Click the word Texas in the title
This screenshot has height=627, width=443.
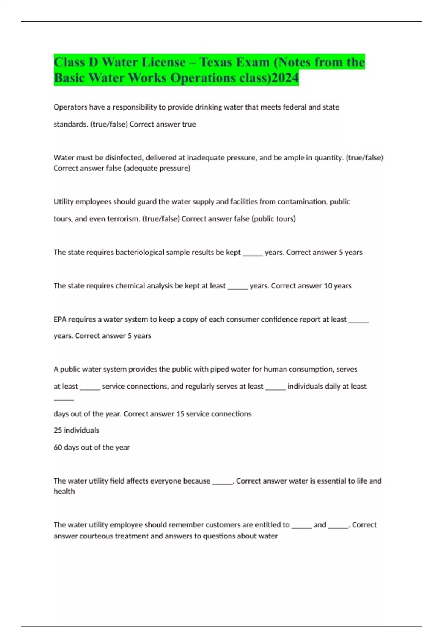pyautogui.click(x=216, y=62)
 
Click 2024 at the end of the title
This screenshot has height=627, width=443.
pyautogui.click(x=285, y=78)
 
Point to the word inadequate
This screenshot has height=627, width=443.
pyautogui.click(x=205, y=157)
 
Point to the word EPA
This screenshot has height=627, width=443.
pyautogui.click(x=60, y=319)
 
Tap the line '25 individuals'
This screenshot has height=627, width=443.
pyautogui.click(x=76, y=430)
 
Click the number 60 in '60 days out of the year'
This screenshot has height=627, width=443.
pyautogui.click(x=58, y=447)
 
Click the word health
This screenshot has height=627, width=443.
pyautogui.click(x=64, y=491)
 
